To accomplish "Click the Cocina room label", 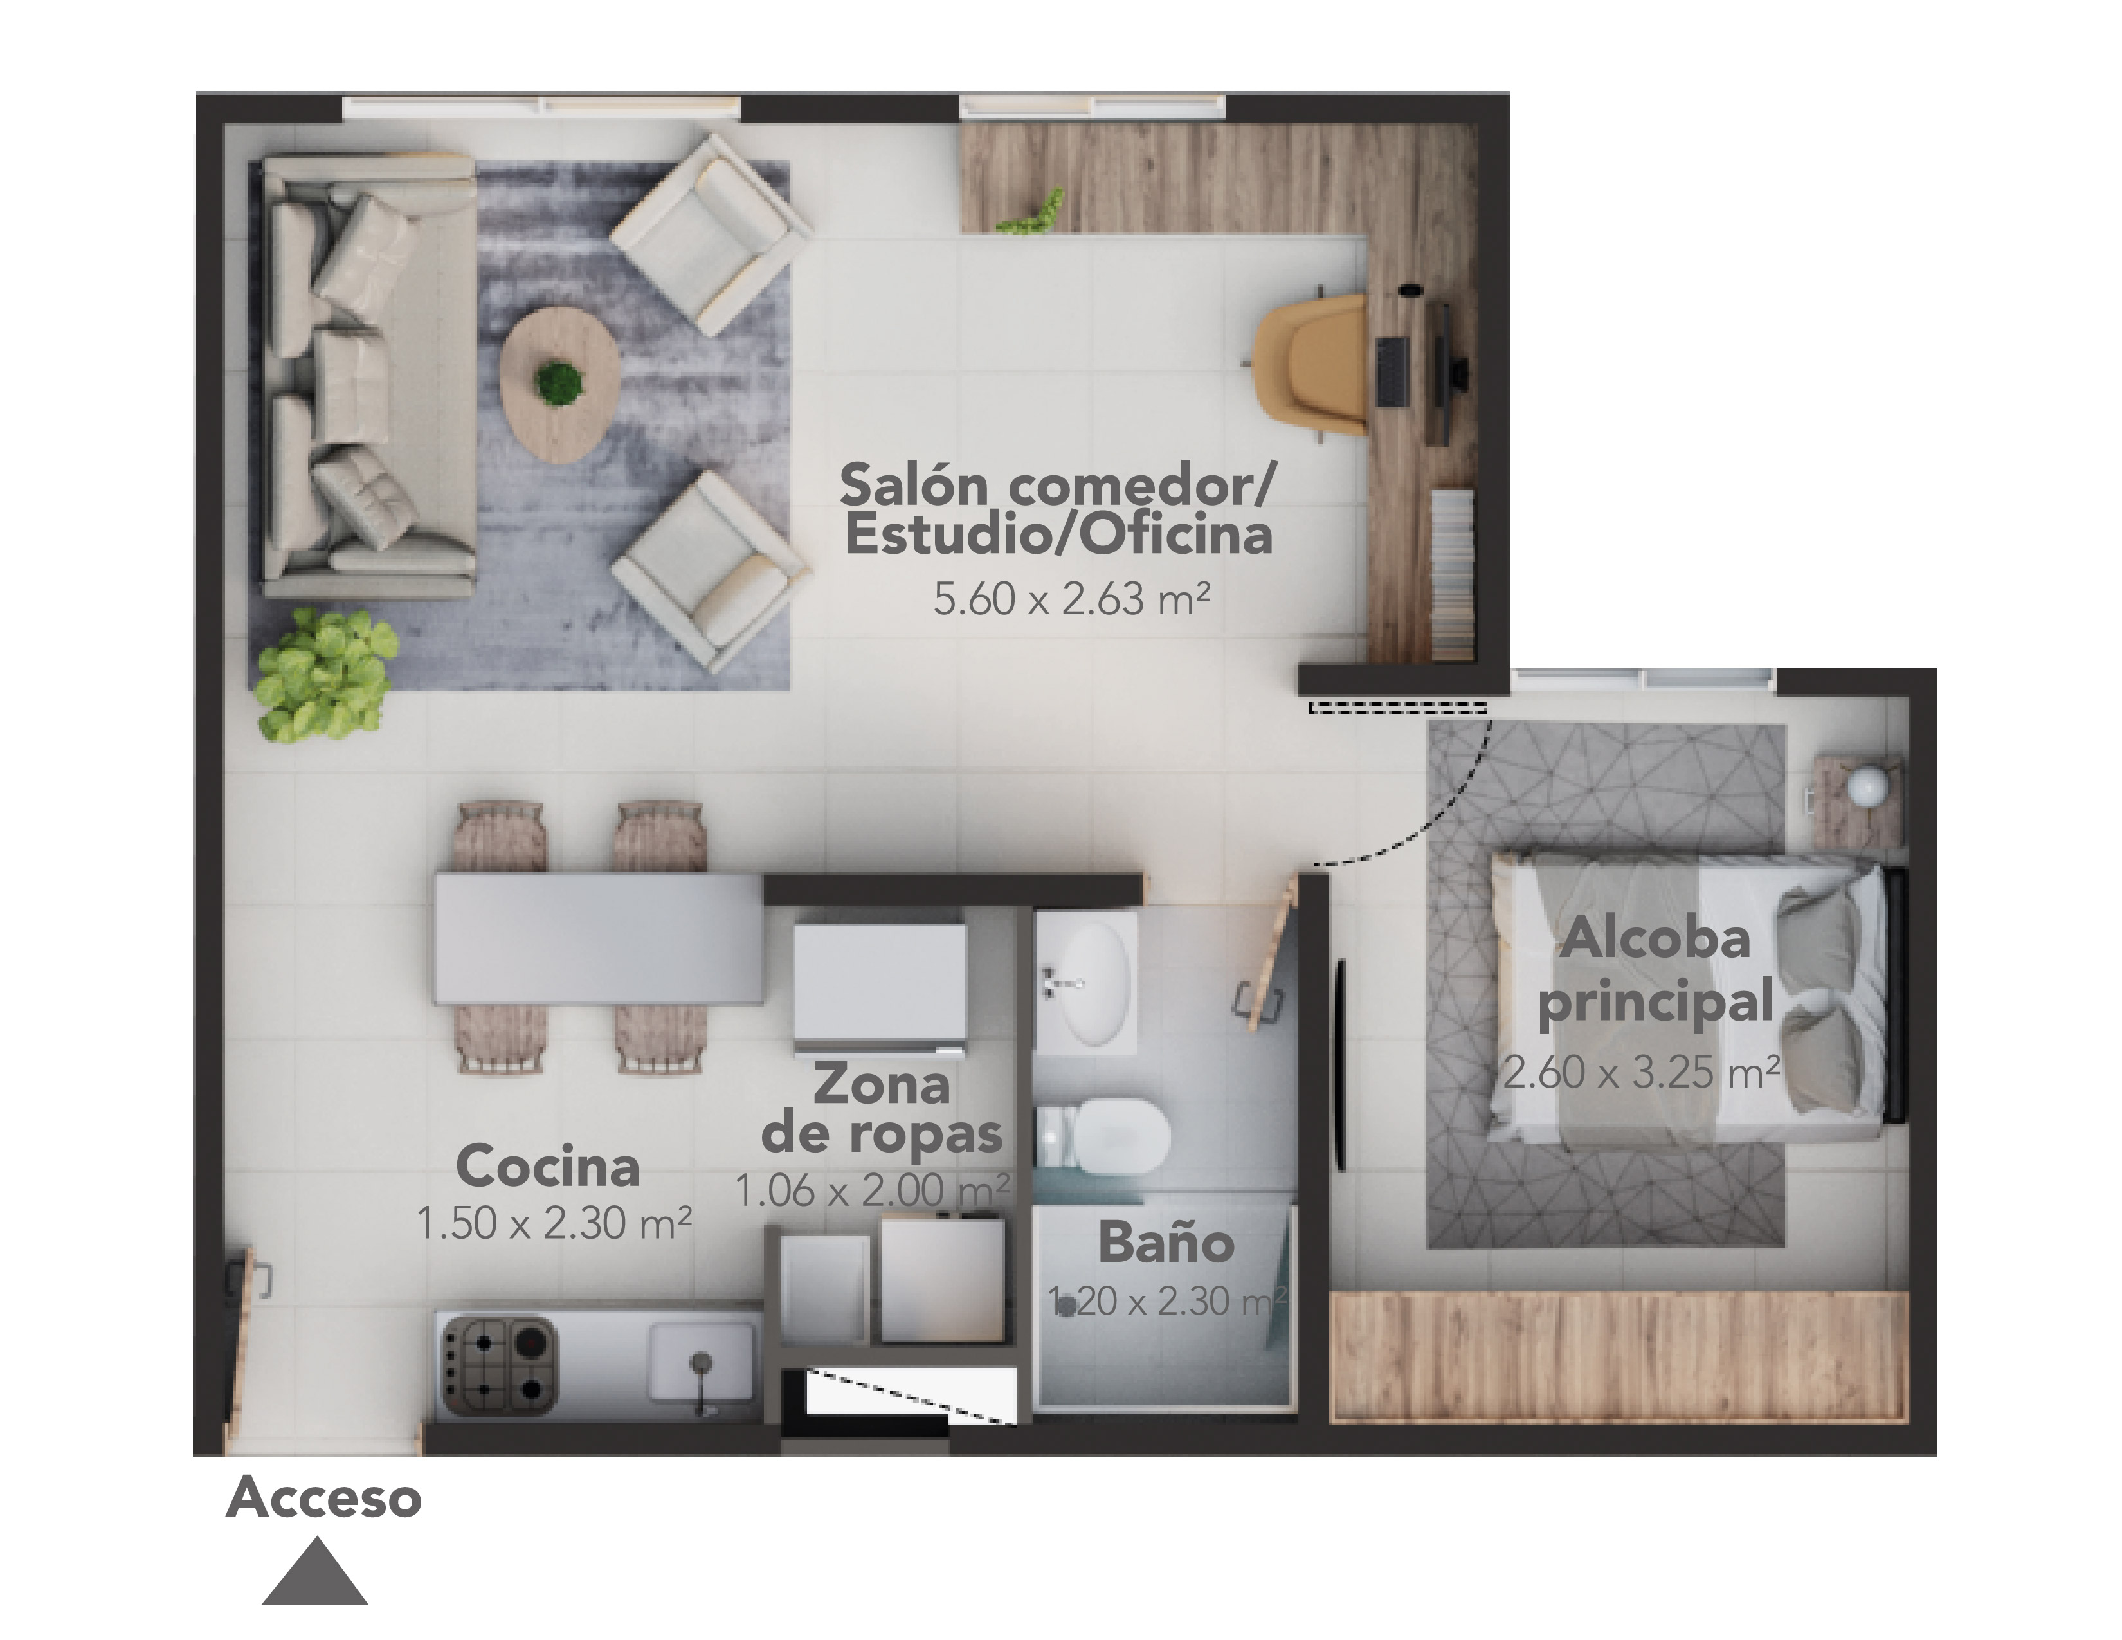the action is tap(548, 1166).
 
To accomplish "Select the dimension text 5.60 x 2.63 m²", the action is tap(1072, 599).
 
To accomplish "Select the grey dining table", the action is tap(599, 938).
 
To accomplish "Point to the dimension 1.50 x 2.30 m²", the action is tap(554, 1223).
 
